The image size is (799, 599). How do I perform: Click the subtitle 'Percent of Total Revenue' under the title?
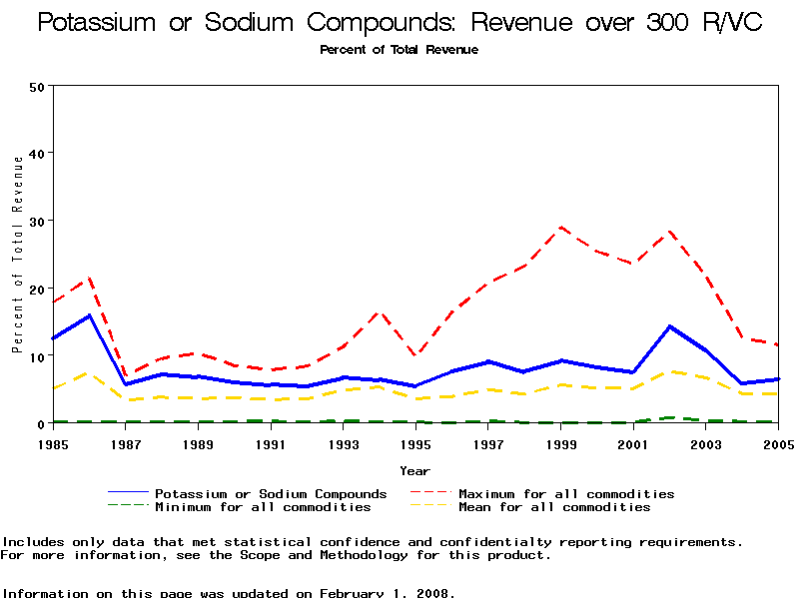pos(399,50)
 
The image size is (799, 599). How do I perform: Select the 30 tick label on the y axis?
pos(38,221)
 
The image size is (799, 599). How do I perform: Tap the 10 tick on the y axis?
pos(38,355)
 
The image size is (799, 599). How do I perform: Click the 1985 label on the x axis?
pos(53,441)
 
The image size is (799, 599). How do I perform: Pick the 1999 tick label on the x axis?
pos(561,441)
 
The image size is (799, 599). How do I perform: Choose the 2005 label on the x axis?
pos(778,441)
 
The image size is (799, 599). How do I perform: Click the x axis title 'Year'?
pos(414,470)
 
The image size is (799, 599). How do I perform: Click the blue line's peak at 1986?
pos(89,315)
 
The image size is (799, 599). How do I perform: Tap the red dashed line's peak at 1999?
pos(561,228)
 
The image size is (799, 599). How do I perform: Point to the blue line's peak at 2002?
pos(670,326)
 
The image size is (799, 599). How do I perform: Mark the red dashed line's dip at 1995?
pos(415,355)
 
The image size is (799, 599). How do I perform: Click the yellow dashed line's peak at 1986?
pos(89,372)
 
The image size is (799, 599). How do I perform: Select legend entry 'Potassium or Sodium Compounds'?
pos(271,494)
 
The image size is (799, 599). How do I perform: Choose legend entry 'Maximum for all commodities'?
pos(566,494)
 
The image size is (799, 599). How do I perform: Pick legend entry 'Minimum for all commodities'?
pos(263,507)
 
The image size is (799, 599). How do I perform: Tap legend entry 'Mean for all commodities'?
pos(554,507)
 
